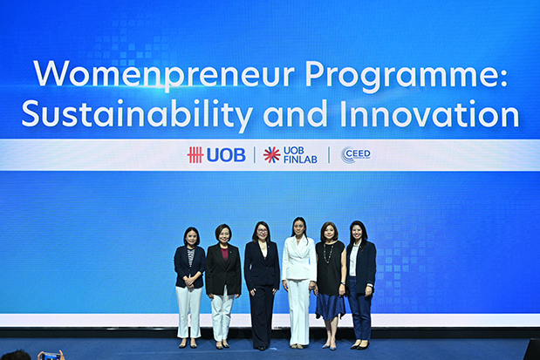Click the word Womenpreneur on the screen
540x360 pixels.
pos(164,74)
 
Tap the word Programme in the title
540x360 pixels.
pos(407,76)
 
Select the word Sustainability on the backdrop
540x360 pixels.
pos(137,114)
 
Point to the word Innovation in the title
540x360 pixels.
pos(429,113)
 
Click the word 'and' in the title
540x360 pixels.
pos(296,113)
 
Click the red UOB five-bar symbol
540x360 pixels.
pos(195,155)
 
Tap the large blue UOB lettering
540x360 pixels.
pos(226,155)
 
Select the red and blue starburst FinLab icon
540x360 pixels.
pos(271,155)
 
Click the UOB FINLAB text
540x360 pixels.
pos(300,155)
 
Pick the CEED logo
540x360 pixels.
pos(355,155)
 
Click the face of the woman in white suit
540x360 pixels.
pos(299,228)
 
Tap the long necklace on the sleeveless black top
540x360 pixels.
pos(327,253)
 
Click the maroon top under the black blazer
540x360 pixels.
pos(224,254)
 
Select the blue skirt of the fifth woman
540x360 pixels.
pos(330,306)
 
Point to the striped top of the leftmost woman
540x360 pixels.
pos(190,256)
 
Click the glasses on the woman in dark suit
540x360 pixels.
pos(261,231)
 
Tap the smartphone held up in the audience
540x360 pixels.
pos(51,356)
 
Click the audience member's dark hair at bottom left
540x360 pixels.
pos(16,356)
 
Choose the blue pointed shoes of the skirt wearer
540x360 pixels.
pos(329,346)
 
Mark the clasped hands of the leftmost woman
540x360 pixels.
pos(189,282)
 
